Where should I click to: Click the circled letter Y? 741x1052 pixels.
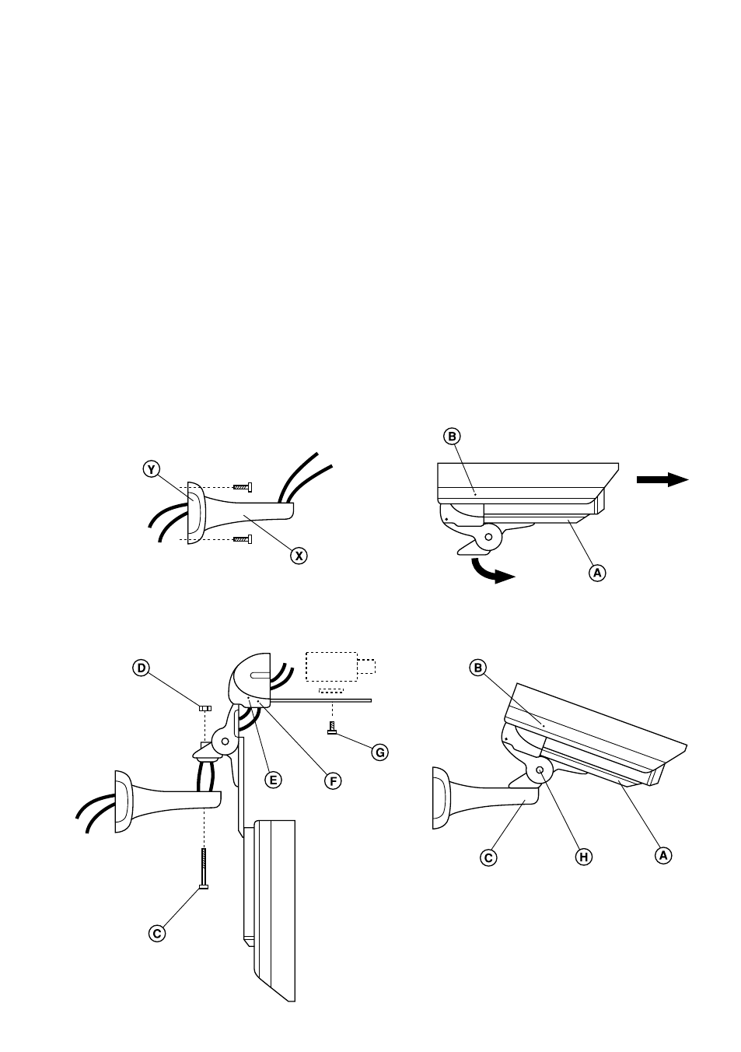pyautogui.click(x=151, y=469)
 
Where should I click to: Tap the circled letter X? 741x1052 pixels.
pyautogui.click(x=299, y=556)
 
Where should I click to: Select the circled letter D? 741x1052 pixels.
pyautogui.click(x=141, y=668)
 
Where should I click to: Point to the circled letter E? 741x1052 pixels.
pyautogui.click(x=273, y=780)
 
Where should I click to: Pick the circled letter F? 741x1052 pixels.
pyautogui.click(x=333, y=781)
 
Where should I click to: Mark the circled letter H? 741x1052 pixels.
pyautogui.click(x=583, y=857)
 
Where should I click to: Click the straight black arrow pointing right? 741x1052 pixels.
pyautogui.click(x=662, y=479)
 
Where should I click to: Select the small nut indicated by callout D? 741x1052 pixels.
pyautogui.click(x=205, y=708)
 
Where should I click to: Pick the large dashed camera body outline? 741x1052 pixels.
pyautogui.click(x=331, y=666)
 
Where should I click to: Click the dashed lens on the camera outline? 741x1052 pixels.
pyautogui.click(x=366, y=666)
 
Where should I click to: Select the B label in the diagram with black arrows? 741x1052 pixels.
pyautogui.click(x=452, y=437)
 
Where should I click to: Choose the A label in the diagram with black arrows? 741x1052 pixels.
pyautogui.click(x=597, y=573)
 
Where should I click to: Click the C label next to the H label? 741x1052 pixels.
pyautogui.click(x=488, y=857)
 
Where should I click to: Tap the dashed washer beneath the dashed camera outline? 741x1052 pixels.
pyautogui.click(x=331, y=690)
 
